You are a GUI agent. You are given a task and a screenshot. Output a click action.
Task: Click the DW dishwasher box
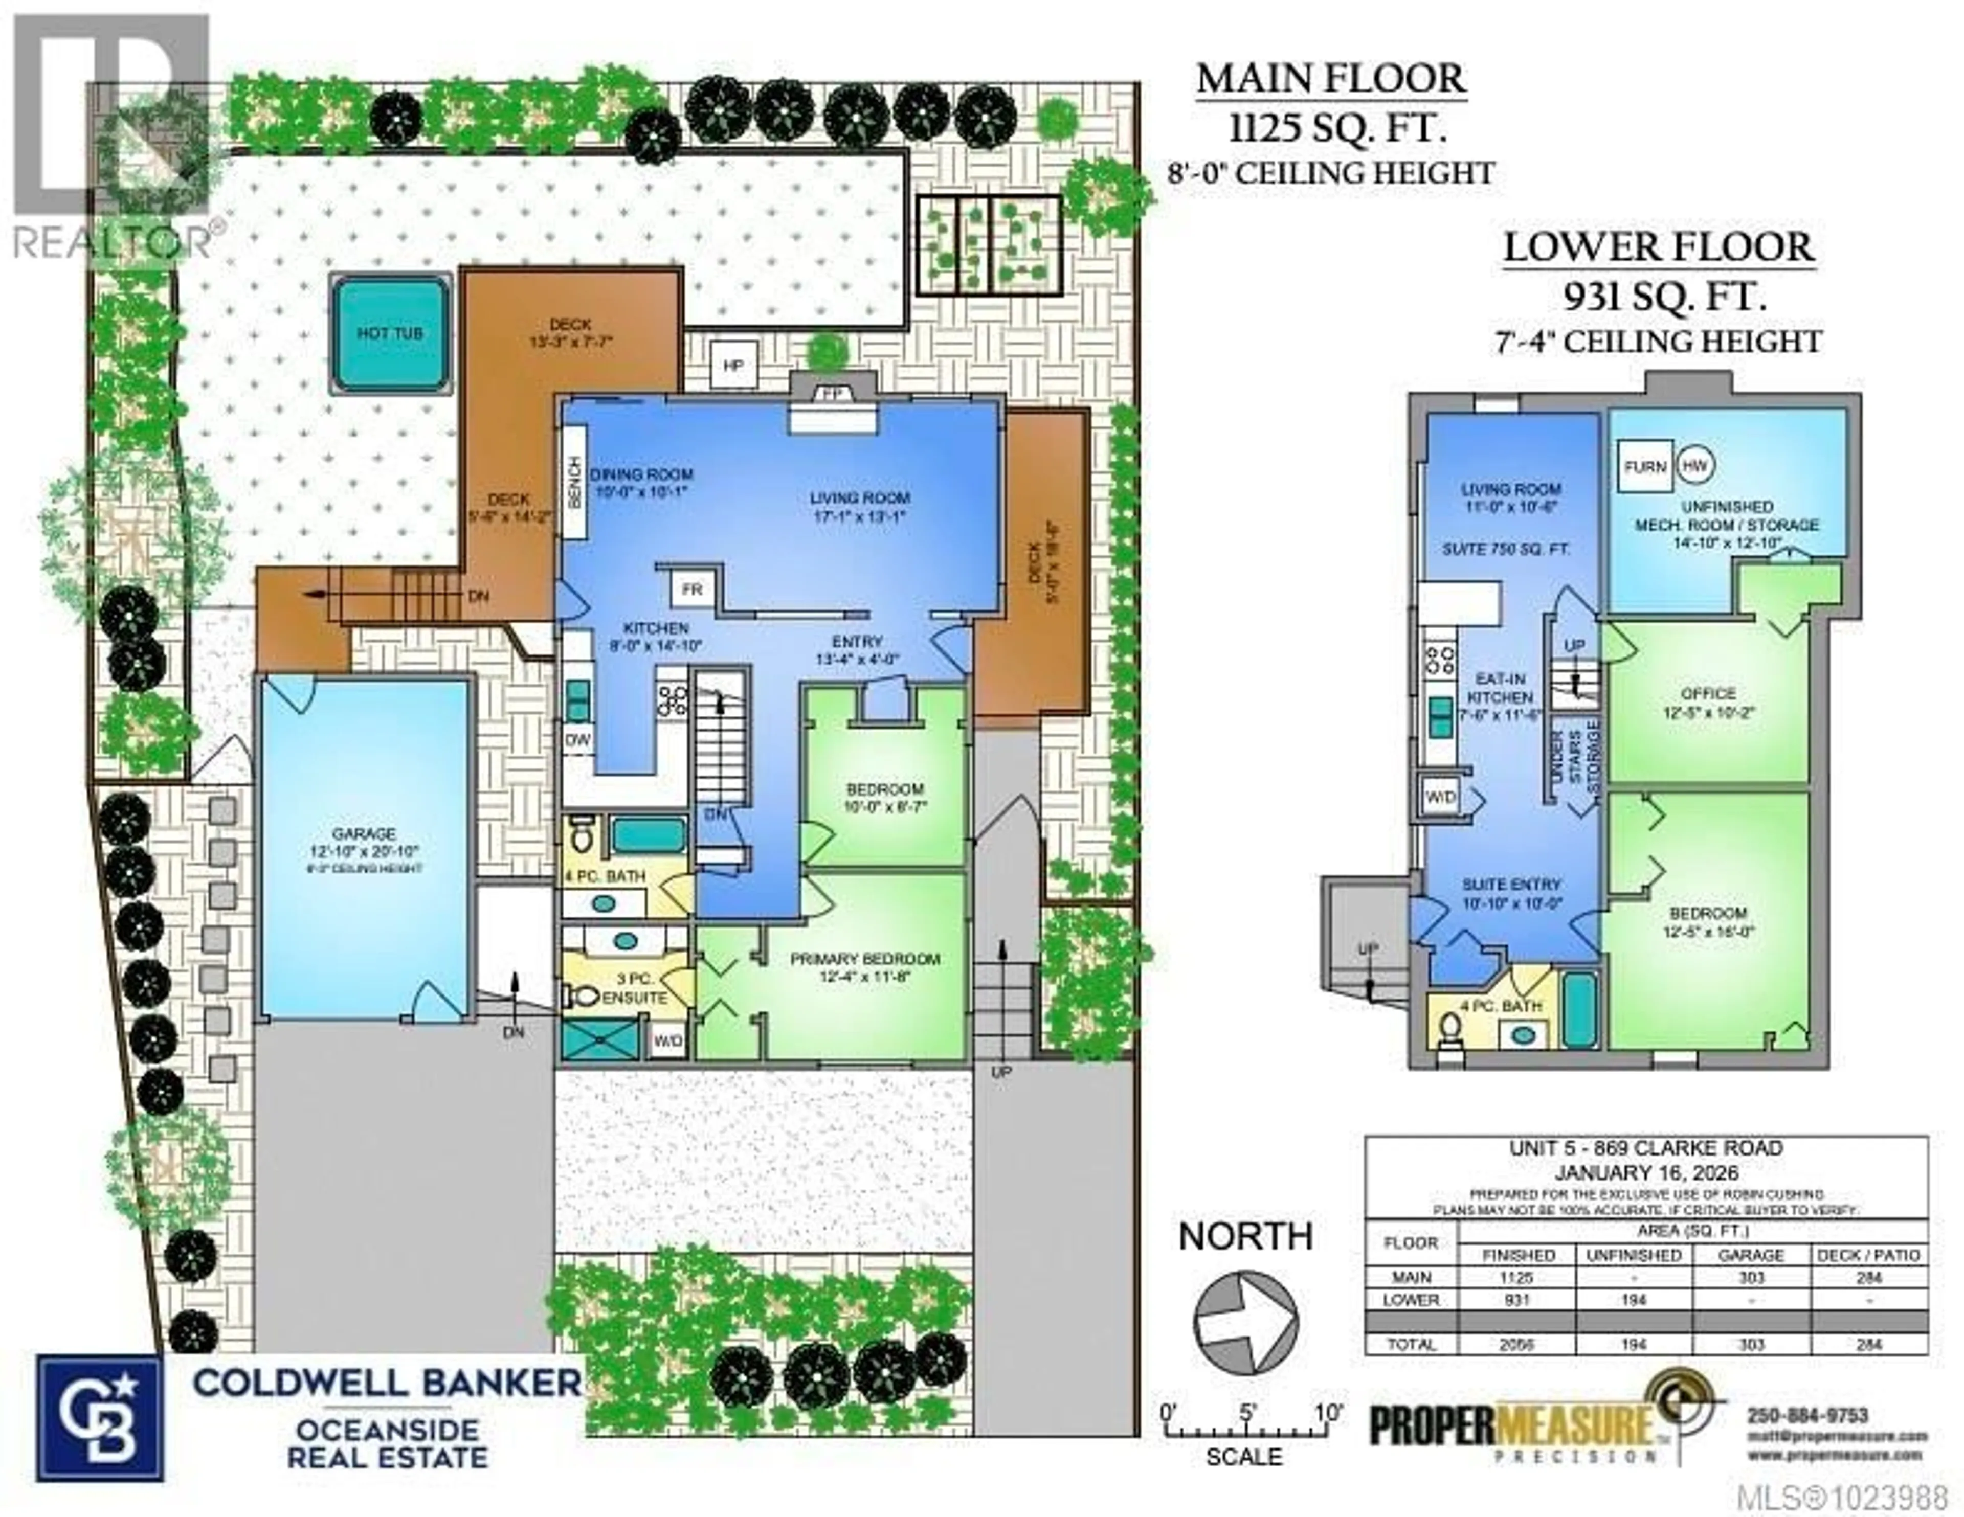[576, 739]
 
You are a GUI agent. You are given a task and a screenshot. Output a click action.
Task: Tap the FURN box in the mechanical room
[1646, 467]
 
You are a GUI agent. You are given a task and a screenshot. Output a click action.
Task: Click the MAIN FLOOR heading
[1331, 79]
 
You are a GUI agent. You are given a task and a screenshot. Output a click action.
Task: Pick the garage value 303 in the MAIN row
[1750, 1277]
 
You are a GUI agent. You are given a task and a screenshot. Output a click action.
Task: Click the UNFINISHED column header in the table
[1633, 1254]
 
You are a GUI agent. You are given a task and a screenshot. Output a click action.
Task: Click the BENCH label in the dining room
[574, 481]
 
